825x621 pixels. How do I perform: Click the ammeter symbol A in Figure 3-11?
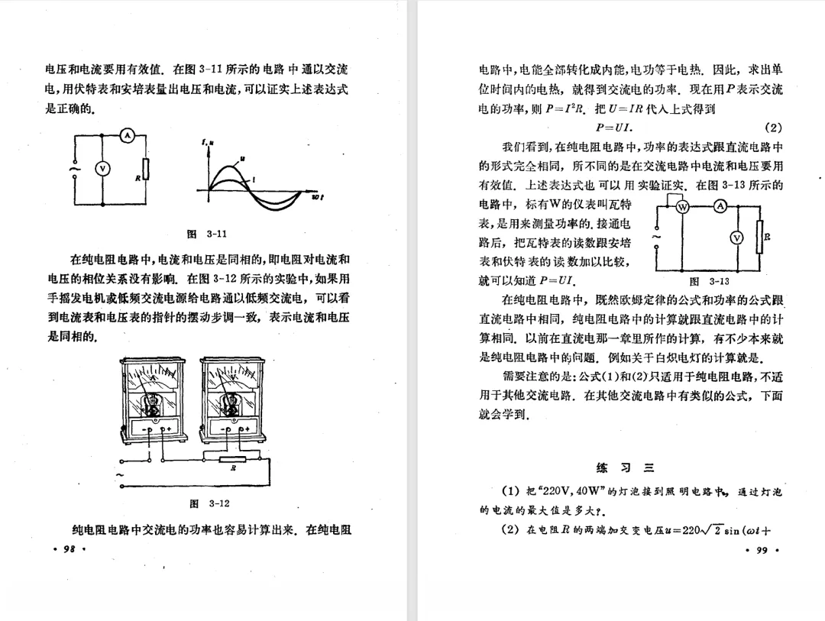coord(128,135)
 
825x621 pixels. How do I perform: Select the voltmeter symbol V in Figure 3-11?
coord(102,169)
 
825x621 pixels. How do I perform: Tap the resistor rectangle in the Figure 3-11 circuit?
coord(146,169)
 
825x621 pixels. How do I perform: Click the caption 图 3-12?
coord(209,503)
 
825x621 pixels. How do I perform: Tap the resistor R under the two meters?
coord(233,459)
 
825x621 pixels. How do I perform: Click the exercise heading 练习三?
coord(625,467)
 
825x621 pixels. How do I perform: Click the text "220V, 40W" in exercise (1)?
coord(563,491)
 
